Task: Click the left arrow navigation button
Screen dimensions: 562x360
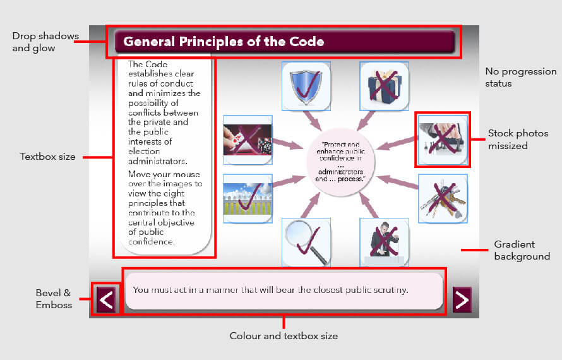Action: [106, 299]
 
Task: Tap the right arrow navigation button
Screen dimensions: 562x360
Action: [462, 299]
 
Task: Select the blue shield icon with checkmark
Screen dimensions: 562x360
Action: [306, 86]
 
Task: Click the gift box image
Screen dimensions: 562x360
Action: [384, 86]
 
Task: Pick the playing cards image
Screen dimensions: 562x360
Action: [248, 140]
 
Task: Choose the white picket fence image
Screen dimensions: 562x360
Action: [248, 199]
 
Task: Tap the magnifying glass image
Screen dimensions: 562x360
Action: [306, 243]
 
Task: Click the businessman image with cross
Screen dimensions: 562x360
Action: [384, 243]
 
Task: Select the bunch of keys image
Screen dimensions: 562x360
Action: [443, 199]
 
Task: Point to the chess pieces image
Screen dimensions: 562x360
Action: [443, 140]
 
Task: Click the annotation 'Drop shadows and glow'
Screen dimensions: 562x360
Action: [45, 42]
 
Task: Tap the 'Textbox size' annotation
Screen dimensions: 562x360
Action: [47, 157]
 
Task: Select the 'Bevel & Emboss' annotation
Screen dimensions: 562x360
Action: [54, 299]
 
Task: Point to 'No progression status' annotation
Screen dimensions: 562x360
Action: [521, 78]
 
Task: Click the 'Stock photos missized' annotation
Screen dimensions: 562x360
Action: [518, 139]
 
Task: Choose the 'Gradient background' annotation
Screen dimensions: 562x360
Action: [522, 250]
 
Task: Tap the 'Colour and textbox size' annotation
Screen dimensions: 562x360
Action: [284, 336]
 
